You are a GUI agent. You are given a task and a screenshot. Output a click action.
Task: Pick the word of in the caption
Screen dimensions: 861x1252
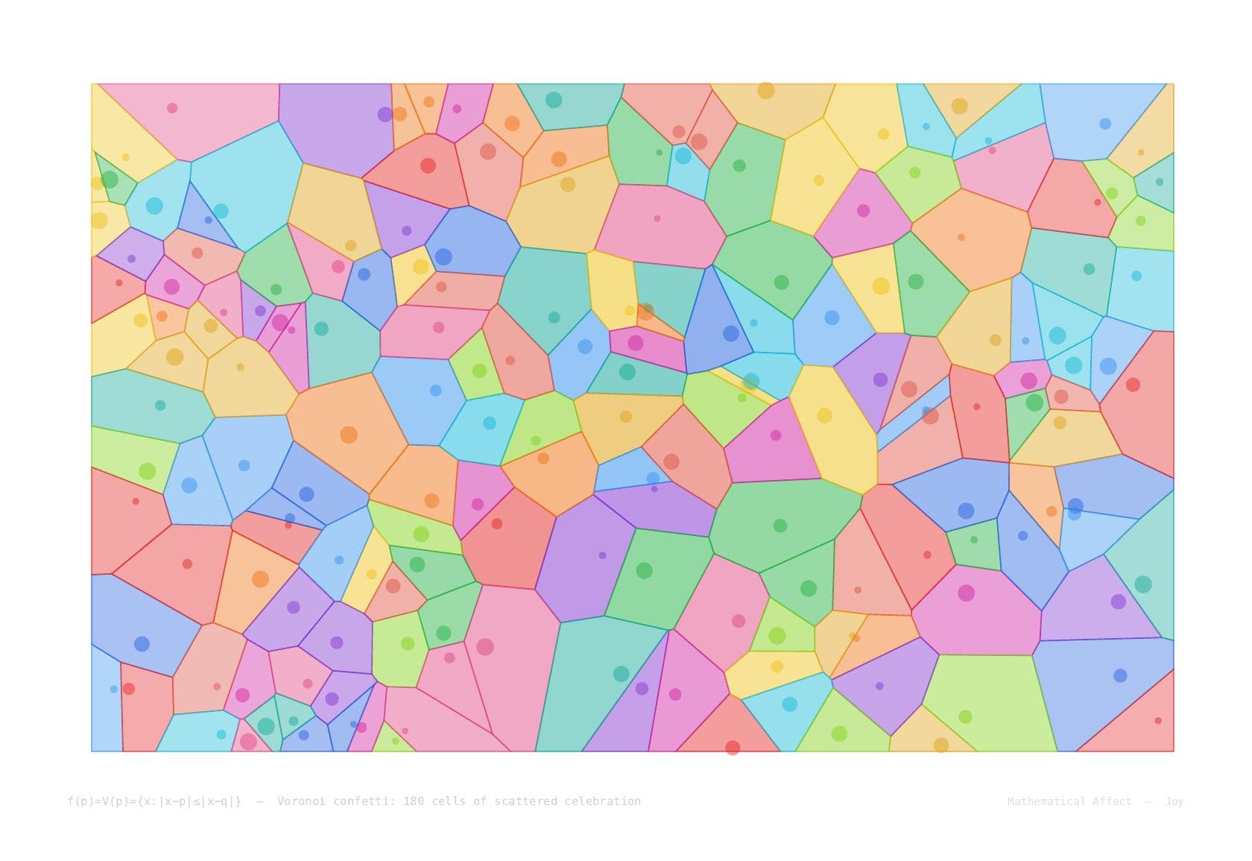click(480, 801)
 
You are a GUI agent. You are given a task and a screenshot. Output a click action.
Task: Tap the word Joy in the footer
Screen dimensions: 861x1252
click(1174, 801)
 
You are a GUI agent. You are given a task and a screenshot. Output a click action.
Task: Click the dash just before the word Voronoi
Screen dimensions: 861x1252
click(259, 801)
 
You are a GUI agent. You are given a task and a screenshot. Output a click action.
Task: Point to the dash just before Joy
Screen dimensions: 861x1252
click(1148, 801)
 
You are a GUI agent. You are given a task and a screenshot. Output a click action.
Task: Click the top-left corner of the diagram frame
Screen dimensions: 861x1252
click(92, 83)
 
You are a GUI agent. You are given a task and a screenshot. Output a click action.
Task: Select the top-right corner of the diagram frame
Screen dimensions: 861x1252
click(1174, 83)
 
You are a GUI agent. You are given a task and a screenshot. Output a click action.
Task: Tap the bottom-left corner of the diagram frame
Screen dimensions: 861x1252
click(92, 751)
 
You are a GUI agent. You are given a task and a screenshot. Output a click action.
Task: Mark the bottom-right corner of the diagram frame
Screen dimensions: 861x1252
click(1174, 751)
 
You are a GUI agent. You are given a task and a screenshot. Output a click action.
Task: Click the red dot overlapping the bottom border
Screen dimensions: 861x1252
click(733, 748)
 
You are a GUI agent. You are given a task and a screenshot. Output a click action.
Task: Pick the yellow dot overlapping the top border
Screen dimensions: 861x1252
click(766, 90)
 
